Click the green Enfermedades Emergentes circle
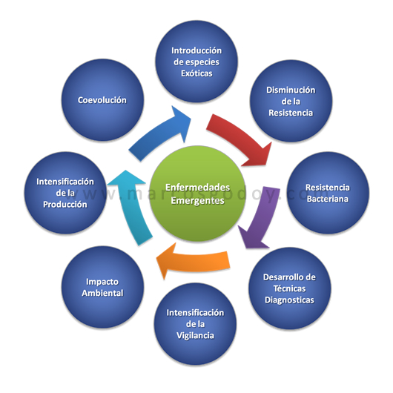197,194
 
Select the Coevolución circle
102,100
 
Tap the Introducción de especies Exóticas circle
196,62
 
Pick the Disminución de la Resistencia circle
291,101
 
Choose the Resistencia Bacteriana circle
328,193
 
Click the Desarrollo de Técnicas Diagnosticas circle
290,288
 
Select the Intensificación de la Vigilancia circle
195,324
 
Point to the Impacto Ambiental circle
102,287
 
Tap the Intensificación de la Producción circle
65,193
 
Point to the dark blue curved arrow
160,133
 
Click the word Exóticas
196,73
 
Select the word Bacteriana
328,199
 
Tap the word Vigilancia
195,335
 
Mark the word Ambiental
102,293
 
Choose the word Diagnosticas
289,300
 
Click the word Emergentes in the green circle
197,201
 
